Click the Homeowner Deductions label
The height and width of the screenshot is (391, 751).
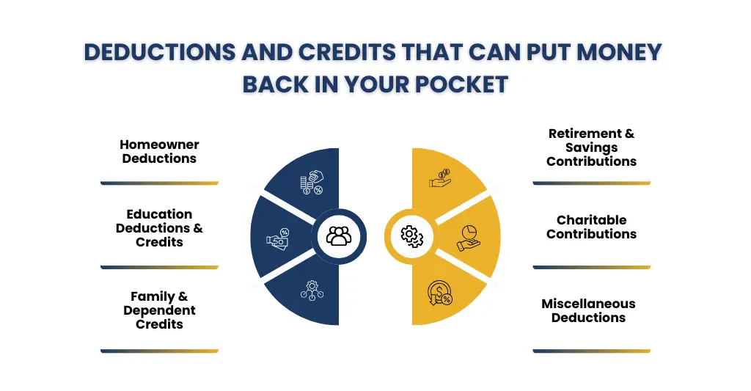click(159, 151)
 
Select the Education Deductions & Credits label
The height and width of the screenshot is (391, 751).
click(159, 227)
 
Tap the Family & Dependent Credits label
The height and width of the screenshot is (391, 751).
click(159, 310)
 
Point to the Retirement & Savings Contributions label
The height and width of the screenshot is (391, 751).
click(591, 147)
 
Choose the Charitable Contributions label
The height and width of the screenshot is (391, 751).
click(591, 227)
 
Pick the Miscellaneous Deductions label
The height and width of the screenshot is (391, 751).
click(588, 310)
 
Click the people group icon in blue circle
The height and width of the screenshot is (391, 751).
click(338, 235)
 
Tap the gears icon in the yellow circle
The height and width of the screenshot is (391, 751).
click(411, 235)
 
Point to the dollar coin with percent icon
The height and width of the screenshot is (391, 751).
click(439, 294)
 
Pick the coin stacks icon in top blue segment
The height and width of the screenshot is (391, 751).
click(311, 183)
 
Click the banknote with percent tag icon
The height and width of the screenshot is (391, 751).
click(278, 238)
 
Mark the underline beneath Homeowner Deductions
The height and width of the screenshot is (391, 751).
click(159, 183)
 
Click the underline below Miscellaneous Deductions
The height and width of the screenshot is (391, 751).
click(591, 351)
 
